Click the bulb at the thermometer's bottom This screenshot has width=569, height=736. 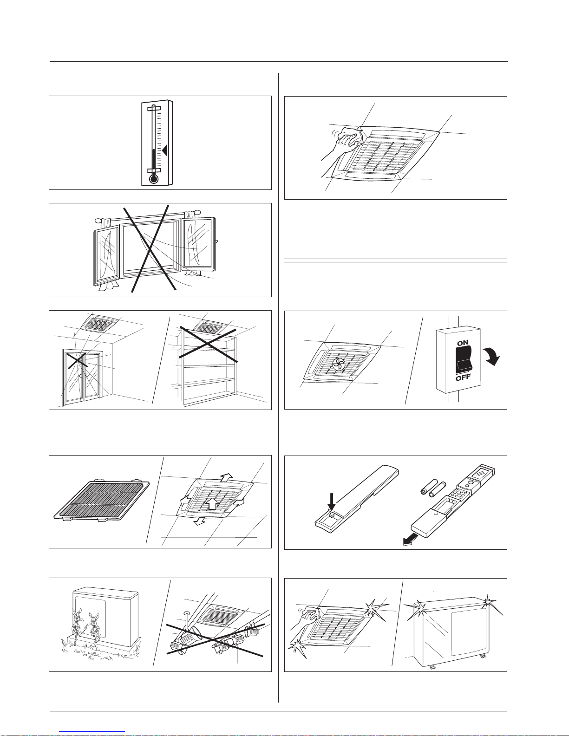(153, 178)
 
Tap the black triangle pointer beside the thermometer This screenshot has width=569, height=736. (164, 150)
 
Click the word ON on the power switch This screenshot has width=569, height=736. (462, 343)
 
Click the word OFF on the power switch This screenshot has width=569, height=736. (463, 378)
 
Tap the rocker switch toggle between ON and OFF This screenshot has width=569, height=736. (463, 360)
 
